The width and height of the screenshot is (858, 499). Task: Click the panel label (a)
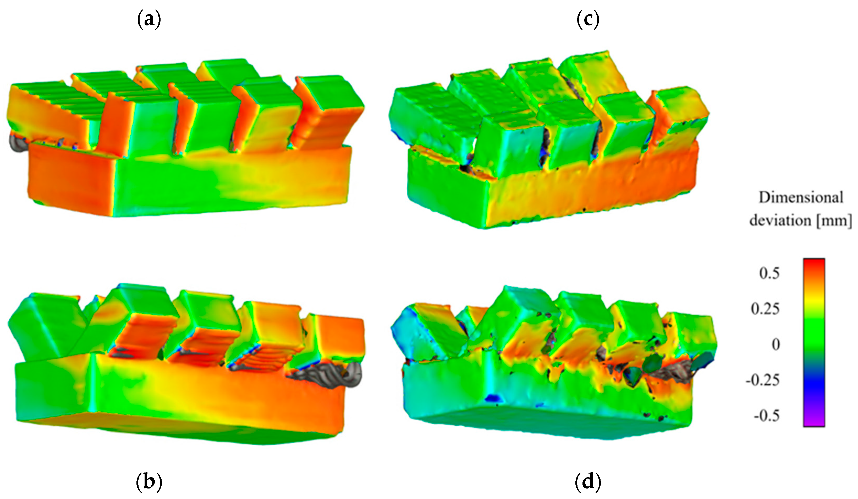[x=149, y=20]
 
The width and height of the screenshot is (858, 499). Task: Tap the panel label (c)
[x=588, y=20]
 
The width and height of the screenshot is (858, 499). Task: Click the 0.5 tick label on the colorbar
[x=769, y=273]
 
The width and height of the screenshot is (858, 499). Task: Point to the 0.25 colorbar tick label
[x=765, y=309]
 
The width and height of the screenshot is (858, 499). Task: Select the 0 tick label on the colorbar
[x=775, y=345]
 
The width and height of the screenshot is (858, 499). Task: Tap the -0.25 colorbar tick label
[x=762, y=380]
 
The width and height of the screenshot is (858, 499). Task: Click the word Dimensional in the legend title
[x=801, y=198]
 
